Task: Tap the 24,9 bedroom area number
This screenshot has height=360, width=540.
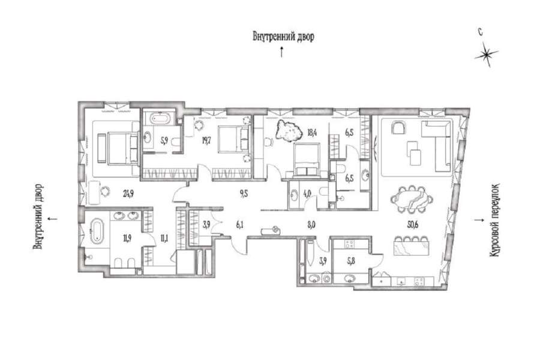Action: [128, 194]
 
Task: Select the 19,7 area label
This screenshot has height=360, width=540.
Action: [206, 140]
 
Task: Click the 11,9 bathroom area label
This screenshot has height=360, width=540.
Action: [127, 238]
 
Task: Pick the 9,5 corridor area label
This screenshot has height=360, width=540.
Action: [244, 194]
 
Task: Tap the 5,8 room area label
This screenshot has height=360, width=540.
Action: [352, 261]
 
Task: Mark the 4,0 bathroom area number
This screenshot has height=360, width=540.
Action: [308, 194]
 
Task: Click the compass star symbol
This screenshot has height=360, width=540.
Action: [486, 55]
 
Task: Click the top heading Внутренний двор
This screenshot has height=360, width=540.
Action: [283, 37]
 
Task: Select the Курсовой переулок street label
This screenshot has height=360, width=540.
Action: [495, 220]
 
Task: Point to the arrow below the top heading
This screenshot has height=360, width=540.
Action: [282, 52]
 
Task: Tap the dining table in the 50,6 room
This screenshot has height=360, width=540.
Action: [412, 199]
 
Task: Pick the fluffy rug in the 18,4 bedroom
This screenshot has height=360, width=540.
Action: [288, 131]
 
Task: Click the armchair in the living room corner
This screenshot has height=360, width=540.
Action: [400, 128]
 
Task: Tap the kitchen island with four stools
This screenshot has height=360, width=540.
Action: [412, 245]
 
